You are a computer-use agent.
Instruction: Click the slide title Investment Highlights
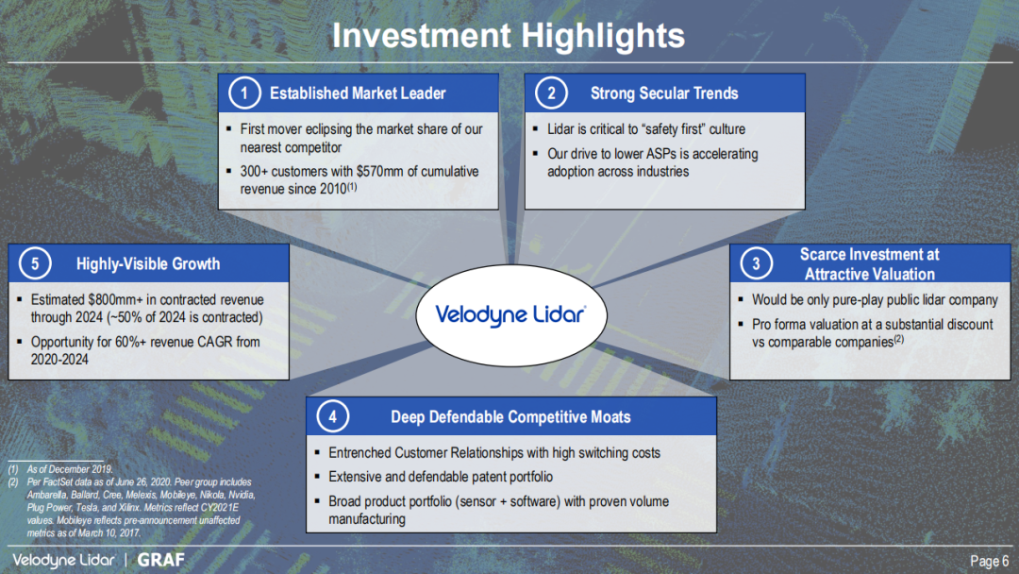509,35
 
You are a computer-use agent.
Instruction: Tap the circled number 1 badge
244,93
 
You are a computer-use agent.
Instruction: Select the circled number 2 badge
551,93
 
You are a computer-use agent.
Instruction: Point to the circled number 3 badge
756,263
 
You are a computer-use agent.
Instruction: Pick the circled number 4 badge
333,416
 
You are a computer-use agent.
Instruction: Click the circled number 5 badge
35,263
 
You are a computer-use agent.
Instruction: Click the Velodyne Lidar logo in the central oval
510,315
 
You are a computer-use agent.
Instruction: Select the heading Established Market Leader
358,93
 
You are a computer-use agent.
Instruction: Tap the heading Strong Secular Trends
664,93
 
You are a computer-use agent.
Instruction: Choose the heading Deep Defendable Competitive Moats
510,417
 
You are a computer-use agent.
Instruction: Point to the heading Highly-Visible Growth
148,264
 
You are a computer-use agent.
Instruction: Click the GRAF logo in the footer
161,560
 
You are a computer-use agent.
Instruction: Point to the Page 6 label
989,561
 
